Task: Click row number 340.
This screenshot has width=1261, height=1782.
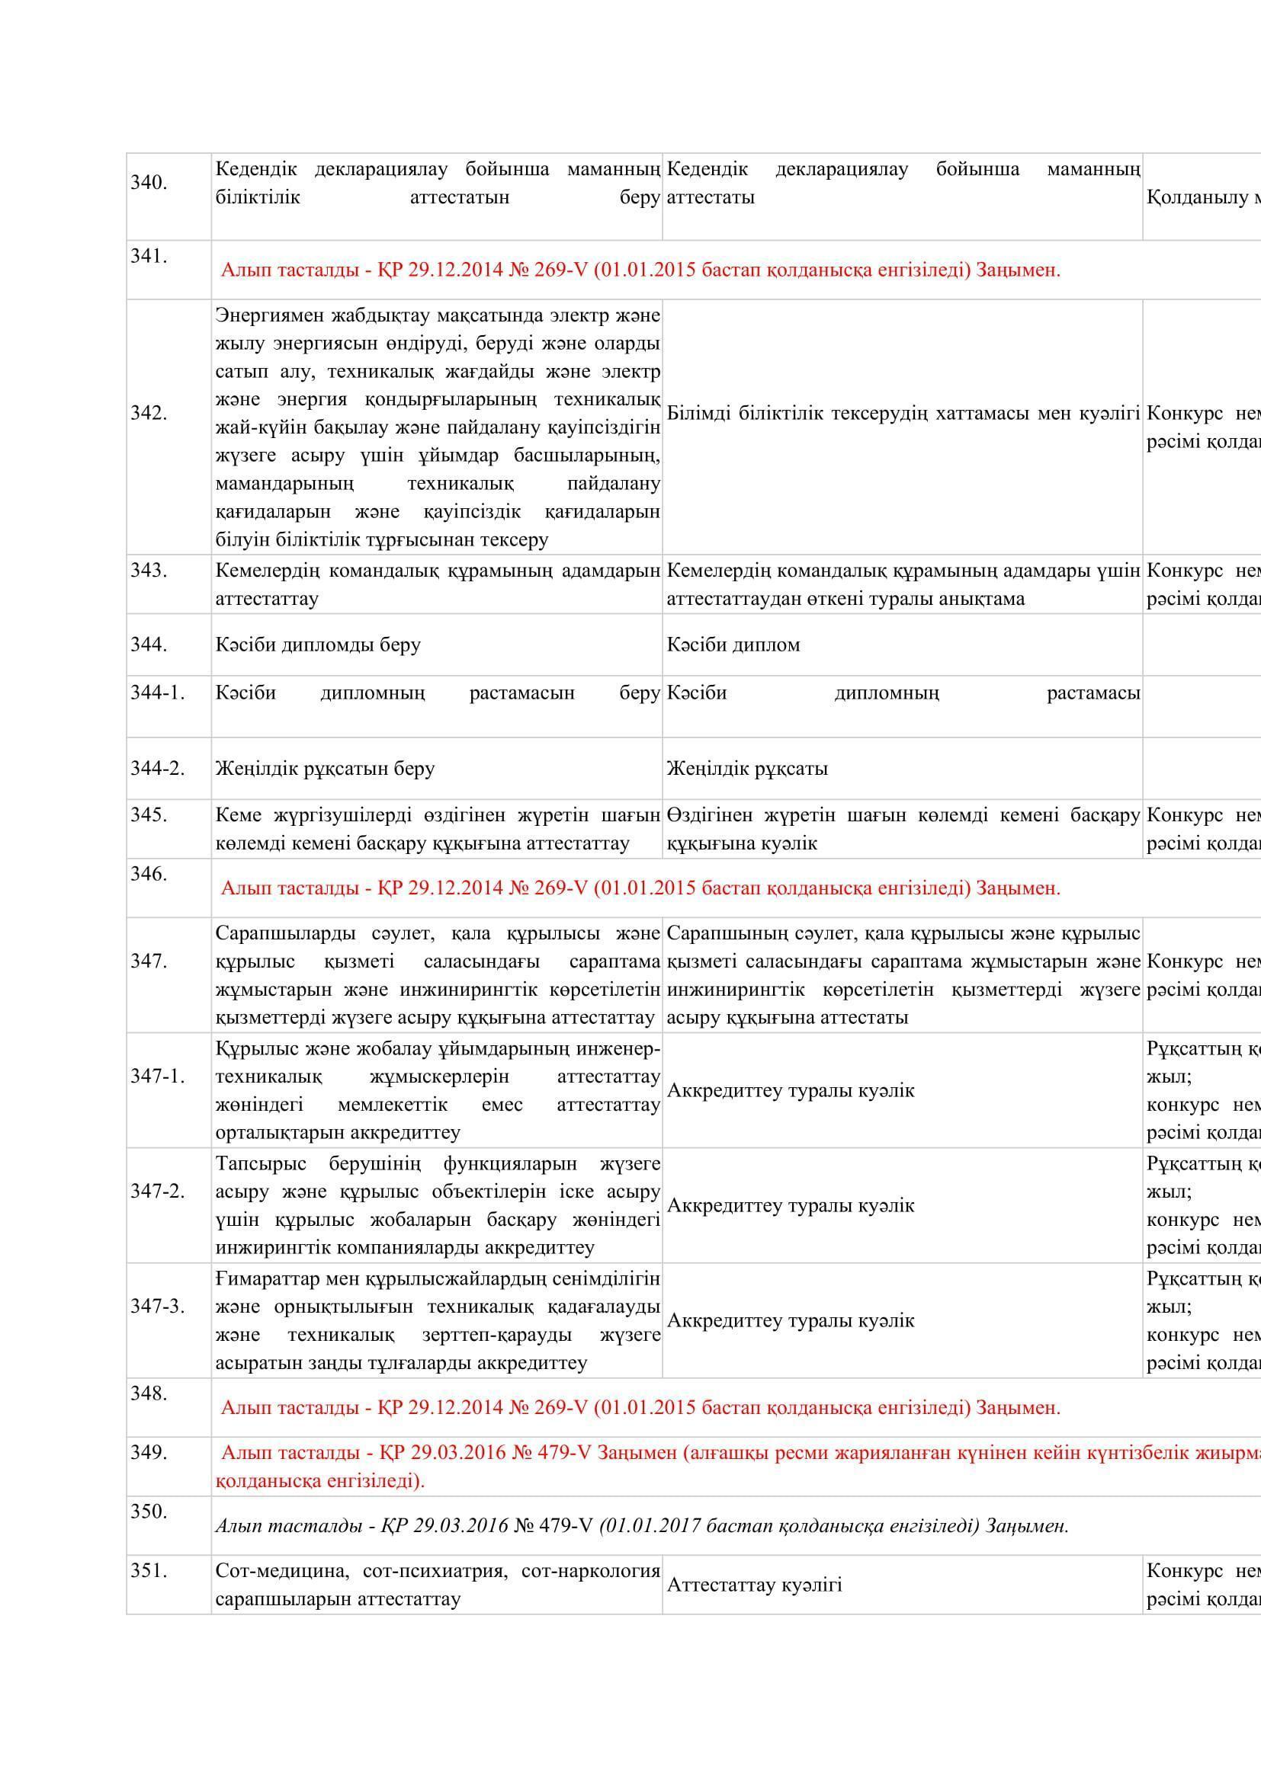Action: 149,183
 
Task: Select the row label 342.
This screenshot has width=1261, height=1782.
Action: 149,413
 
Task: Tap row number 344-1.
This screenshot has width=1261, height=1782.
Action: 158,693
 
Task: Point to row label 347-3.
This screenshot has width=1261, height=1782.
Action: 158,1307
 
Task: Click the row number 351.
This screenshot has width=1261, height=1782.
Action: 149,1571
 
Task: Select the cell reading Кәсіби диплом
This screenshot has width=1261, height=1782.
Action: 733,645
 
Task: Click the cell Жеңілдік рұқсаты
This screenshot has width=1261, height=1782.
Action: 747,769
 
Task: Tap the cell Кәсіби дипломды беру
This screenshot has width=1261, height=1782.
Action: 319,645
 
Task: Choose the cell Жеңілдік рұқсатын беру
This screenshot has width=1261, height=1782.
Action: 326,769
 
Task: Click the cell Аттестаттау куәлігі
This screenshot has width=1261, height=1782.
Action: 754,1585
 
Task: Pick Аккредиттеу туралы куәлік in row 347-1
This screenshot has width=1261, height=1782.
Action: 791,1090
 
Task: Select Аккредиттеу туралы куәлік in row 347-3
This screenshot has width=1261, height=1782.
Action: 791,1320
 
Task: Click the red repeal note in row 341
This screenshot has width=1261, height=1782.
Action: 640,271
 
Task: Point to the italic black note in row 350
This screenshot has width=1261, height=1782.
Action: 641,1527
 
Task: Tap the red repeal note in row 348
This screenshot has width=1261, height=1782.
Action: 640,1408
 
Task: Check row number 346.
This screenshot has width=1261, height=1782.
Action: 149,875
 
